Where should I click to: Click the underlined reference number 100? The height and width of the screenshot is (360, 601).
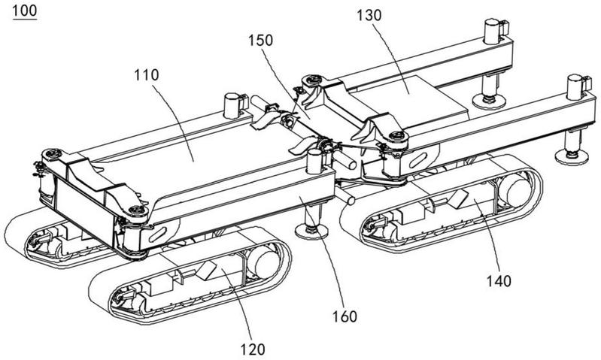(x=25, y=11)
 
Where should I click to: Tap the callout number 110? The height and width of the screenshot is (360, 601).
(x=147, y=75)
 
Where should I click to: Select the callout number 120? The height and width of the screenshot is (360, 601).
(x=252, y=349)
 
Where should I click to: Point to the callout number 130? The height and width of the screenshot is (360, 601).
(x=369, y=16)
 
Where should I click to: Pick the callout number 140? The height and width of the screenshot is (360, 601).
(x=499, y=281)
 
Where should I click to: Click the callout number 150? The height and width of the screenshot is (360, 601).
(x=261, y=41)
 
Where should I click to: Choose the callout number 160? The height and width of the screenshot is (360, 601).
(x=345, y=316)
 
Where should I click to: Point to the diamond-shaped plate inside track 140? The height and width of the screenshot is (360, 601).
(x=457, y=199)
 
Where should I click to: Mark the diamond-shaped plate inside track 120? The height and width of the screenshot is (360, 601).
(x=206, y=270)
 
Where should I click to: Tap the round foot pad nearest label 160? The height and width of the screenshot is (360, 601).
(x=311, y=231)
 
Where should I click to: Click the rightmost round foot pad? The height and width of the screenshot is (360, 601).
(x=572, y=156)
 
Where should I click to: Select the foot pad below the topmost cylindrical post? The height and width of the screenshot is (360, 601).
(x=489, y=101)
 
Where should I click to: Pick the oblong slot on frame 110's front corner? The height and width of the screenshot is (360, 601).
(x=158, y=234)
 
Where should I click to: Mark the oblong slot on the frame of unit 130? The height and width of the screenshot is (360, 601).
(x=417, y=160)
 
